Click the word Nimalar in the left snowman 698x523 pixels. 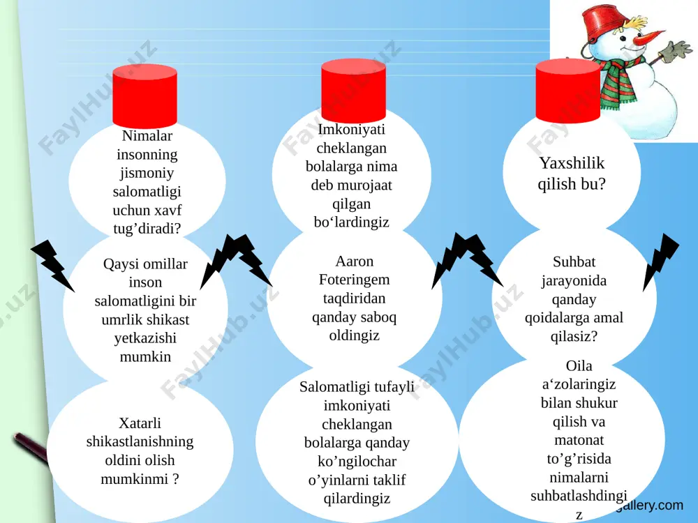(x=147, y=136)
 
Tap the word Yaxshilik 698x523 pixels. (x=572, y=163)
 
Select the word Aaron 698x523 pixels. (x=355, y=261)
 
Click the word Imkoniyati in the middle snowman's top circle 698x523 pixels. (x=351, y=130)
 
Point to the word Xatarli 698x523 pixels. (x=140, y=423)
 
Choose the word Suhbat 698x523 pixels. (x=574, y=261)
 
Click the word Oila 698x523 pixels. (x=579, y=365)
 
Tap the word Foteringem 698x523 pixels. (x=355, y=280)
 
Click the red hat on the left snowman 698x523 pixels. (x=144, y=96)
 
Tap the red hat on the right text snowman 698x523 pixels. (x=567, y=90)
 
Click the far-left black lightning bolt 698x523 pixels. (x=52, y=266)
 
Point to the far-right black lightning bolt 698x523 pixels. (x=660, y=261)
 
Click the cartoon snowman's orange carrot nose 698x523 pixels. (x=648, y=38)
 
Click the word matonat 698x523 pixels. (x=579, y=440)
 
